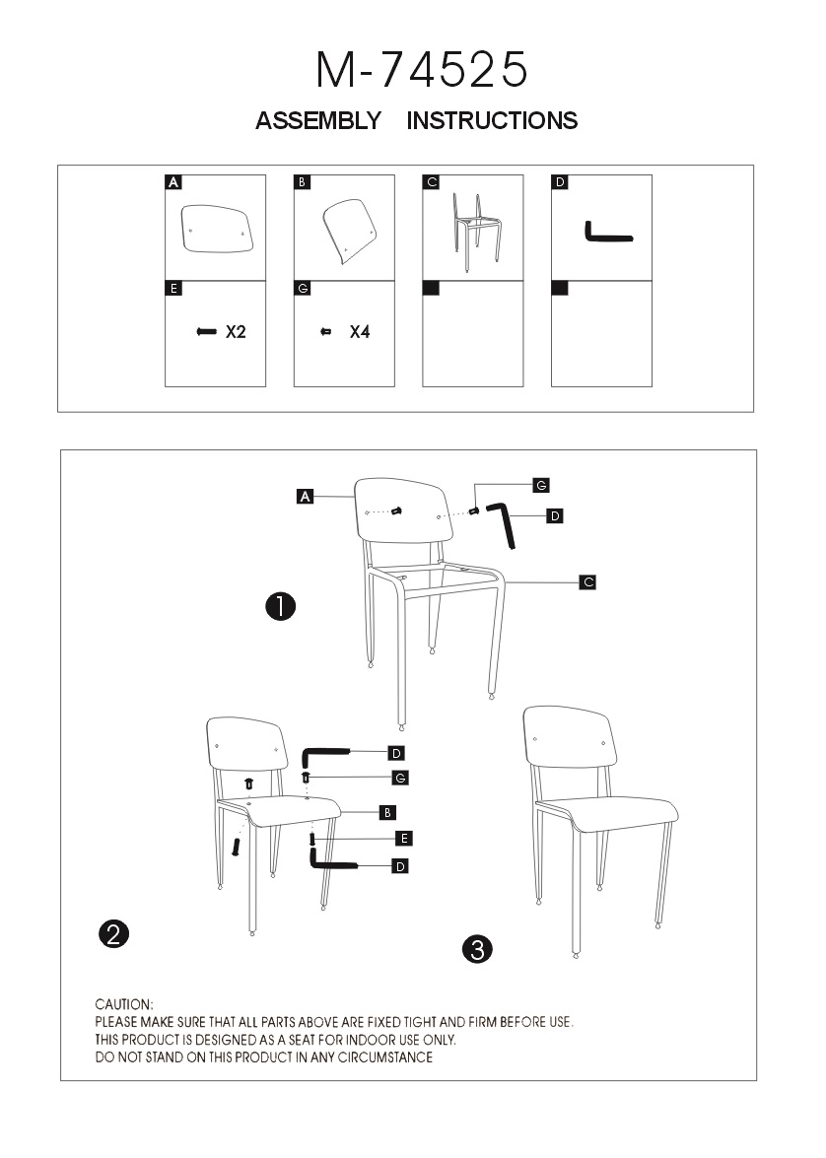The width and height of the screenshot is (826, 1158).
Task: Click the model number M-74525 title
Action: click(422, 70)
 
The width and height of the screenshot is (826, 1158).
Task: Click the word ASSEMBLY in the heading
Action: click(317, 120)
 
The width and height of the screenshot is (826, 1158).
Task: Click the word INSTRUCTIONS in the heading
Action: click(492, 120)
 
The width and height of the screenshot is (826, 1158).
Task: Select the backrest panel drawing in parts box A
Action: click(217, 229)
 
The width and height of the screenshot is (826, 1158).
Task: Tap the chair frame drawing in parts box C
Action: click(477, 232)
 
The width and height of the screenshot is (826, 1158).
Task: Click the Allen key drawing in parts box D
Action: click(609, 232)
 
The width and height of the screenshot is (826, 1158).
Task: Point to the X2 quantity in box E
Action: click(236, 332)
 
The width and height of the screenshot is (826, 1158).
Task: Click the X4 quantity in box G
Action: click(360, 332)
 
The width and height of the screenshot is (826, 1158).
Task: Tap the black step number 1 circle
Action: click(281, 607)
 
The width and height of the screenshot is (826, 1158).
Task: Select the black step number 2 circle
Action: click(113, 934)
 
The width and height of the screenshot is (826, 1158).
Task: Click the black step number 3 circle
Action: click(477, 949)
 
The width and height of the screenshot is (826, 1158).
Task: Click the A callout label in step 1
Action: click(306, 497)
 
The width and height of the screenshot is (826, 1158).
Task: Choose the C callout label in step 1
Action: click(588, 581)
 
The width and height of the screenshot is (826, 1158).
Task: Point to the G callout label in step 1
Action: click(541, 485)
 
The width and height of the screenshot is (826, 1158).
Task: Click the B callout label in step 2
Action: click(387, 812)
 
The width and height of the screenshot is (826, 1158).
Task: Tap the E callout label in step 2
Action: click(403, 839)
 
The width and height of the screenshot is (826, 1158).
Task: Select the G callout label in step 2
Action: click(400, 778)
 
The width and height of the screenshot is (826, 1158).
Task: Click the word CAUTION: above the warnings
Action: click(124, 1004)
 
